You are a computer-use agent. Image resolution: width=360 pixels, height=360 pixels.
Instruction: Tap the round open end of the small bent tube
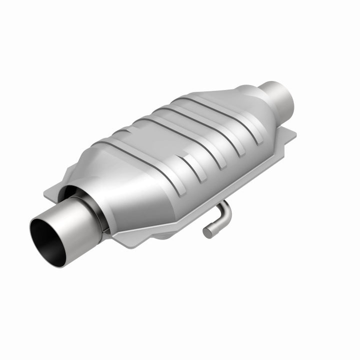tap(207, 232)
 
